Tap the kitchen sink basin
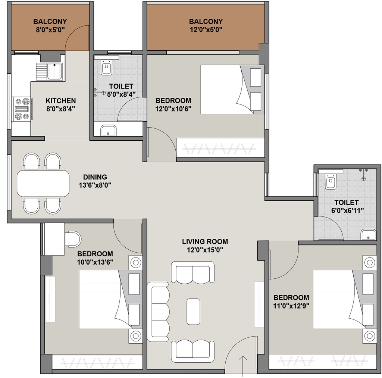(54, 71)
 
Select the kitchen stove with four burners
(22, 109)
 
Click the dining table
(43, 183)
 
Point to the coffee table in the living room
(194, 312)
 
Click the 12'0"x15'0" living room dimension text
(205, 250)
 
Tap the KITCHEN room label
(61, 101)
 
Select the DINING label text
(95, 177)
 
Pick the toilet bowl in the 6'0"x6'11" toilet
(331, 181)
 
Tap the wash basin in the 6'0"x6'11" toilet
(369, 235)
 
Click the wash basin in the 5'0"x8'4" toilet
(109, 131)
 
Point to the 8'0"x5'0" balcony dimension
(50, 30)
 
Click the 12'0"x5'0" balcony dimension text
(206, 30)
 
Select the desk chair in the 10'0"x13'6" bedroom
(73, 238)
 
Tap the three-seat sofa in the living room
(158, 312)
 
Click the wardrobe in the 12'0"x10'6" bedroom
(220, 148)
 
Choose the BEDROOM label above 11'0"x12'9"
(291, 297)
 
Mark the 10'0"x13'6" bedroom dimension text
(95, 262)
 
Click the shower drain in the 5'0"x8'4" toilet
(104, 93)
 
